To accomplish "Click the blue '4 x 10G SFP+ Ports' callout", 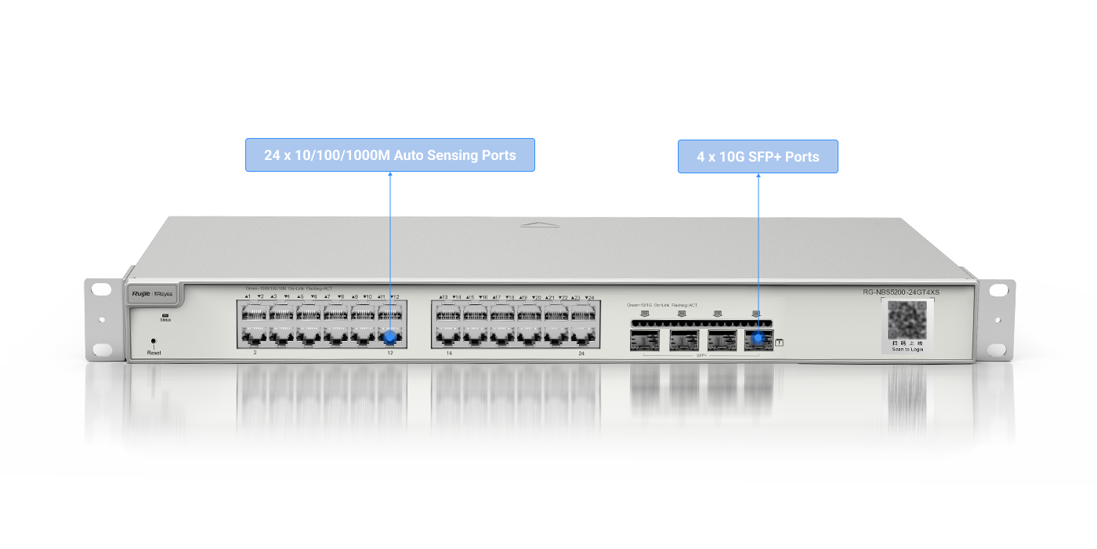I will coord(758,157).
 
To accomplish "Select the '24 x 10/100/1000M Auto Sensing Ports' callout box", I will coord(389,155).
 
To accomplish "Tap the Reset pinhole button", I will coord(153,342).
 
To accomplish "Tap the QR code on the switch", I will coord(907,319).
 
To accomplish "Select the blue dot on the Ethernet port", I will coord(389,338).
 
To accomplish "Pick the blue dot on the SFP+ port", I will coord(758,339).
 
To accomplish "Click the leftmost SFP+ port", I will coord(644,340).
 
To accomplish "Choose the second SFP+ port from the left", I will coord(683,340).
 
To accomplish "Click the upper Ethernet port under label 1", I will coord(253,314).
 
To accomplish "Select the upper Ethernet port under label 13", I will coord(447,314).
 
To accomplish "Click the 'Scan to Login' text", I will coord(907,349).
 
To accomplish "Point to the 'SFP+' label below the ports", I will coord(701,355).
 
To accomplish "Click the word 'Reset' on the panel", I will coord(154,354).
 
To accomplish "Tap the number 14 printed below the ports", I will coord(450,354).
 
